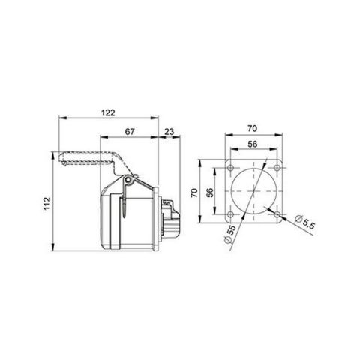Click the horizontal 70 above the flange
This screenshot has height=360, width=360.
tap(253, 128)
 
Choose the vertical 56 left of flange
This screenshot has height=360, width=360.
tap(211, 192)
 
